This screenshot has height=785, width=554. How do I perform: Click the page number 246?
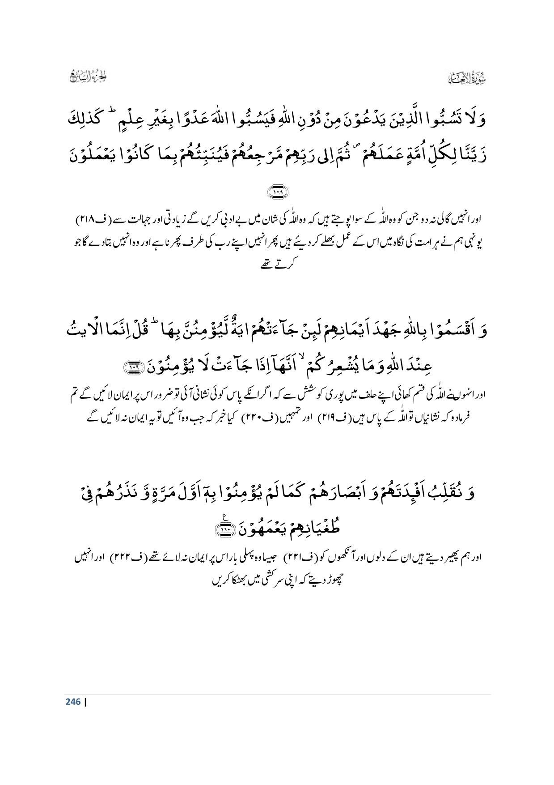tap(73, 701)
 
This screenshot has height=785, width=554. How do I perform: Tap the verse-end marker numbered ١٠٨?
tap(277, 192)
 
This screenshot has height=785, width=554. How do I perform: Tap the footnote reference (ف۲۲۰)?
tap(253, 418)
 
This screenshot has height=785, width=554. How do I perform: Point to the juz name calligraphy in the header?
tap(89, 77)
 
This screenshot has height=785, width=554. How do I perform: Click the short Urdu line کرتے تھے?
tap(277, 265)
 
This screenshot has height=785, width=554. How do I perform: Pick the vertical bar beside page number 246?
tap(85, 701)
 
